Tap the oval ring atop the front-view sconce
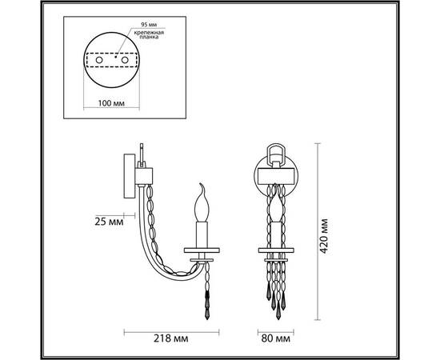[x=276, y=151]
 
